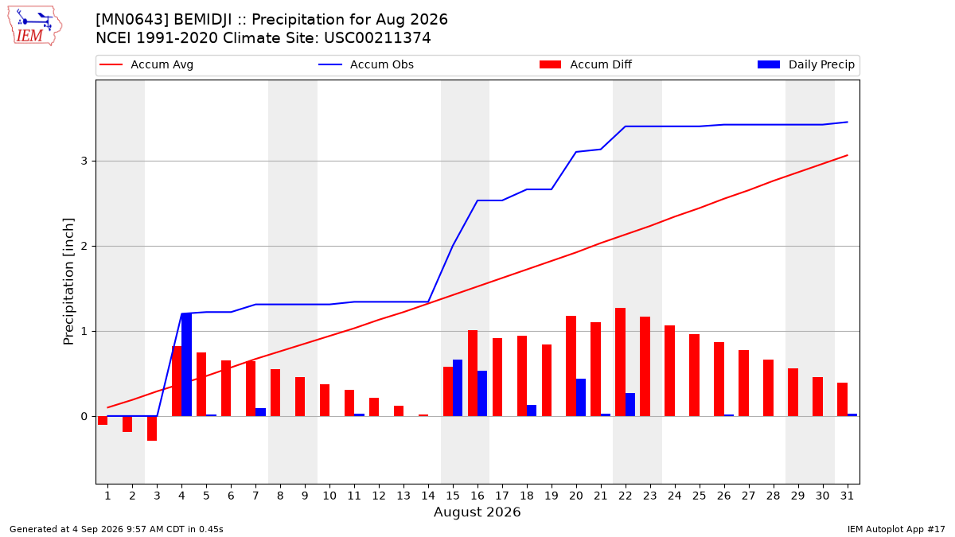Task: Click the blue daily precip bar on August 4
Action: tap(187, 365)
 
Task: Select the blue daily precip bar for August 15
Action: tap(458, 388)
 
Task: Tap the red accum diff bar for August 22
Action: tap(620, 362)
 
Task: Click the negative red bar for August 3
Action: tap(152, 428)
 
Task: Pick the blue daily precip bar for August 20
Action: tap(581, 398)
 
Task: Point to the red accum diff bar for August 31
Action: tap(842, 399)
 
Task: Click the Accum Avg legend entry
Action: tap(146, 64)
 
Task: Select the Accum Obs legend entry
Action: tap(366, 64)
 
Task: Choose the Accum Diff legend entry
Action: tap(586, 64)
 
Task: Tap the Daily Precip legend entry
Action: tap(805, 64)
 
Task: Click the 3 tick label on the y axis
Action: tap(84, 161)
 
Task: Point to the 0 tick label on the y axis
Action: tap(84, 416)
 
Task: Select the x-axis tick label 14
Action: tap(428, 496)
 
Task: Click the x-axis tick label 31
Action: tap(847, 496)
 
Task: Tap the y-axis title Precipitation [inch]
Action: tap(68, 282)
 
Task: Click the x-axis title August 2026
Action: tap(477, 512)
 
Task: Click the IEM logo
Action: tap(35, 26)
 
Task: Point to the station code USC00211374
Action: tap(377, 38)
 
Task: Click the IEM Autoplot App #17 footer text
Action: tap(896, 529)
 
